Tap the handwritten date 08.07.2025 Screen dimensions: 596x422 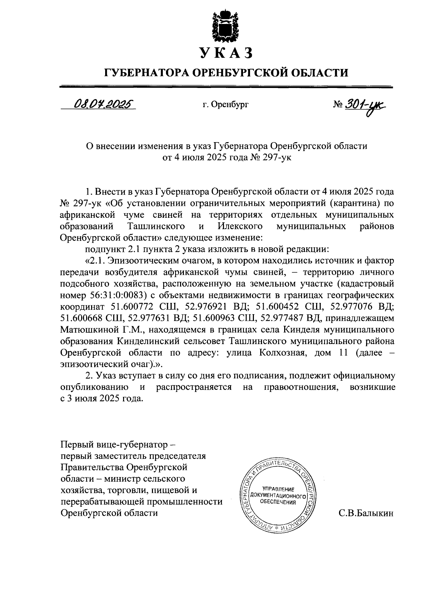click(x=102, y=104)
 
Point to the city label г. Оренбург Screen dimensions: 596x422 click(x=225, y=104)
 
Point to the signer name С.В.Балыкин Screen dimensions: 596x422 click(x=366, y=513)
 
